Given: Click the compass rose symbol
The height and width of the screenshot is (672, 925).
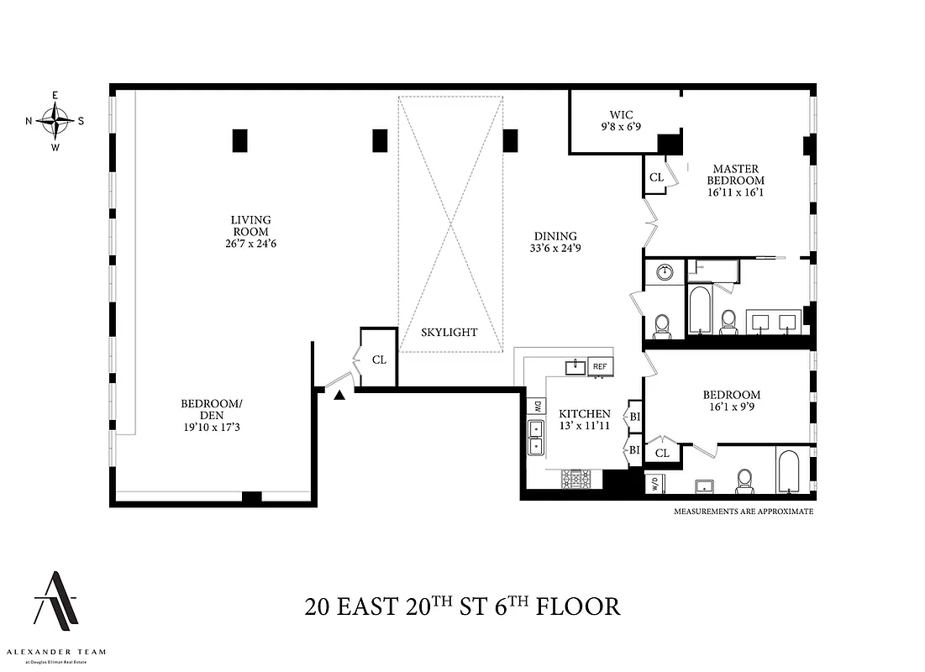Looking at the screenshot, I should click(x=55, y=121).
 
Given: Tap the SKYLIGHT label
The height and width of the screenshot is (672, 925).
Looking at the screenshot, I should click(x=449, y=333).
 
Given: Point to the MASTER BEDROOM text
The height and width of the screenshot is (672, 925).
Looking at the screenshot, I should click(x=735, y=175).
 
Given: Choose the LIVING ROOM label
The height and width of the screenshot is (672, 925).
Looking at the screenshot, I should click(x=250, y=226).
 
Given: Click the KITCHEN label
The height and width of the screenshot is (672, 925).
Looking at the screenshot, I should click(x=584, y=414).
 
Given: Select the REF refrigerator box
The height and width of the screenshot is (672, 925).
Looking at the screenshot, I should click(x=600, y=367).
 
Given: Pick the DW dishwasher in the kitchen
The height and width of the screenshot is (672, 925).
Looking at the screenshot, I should click(x=536, y=407).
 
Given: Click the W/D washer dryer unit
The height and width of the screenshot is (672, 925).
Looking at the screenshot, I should click(x=654, y=485).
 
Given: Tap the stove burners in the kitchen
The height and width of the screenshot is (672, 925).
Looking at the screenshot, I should click(x=577, y=480).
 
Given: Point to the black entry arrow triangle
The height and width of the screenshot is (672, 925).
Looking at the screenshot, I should click(x=339, y=395).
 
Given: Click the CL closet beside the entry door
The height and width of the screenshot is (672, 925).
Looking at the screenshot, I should click(x=379, y=360).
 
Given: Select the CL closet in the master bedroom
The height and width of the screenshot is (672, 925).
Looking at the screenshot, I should click(x=656, y=177).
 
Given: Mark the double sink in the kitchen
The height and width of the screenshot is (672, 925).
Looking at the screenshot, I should click(x=536, y=438).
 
